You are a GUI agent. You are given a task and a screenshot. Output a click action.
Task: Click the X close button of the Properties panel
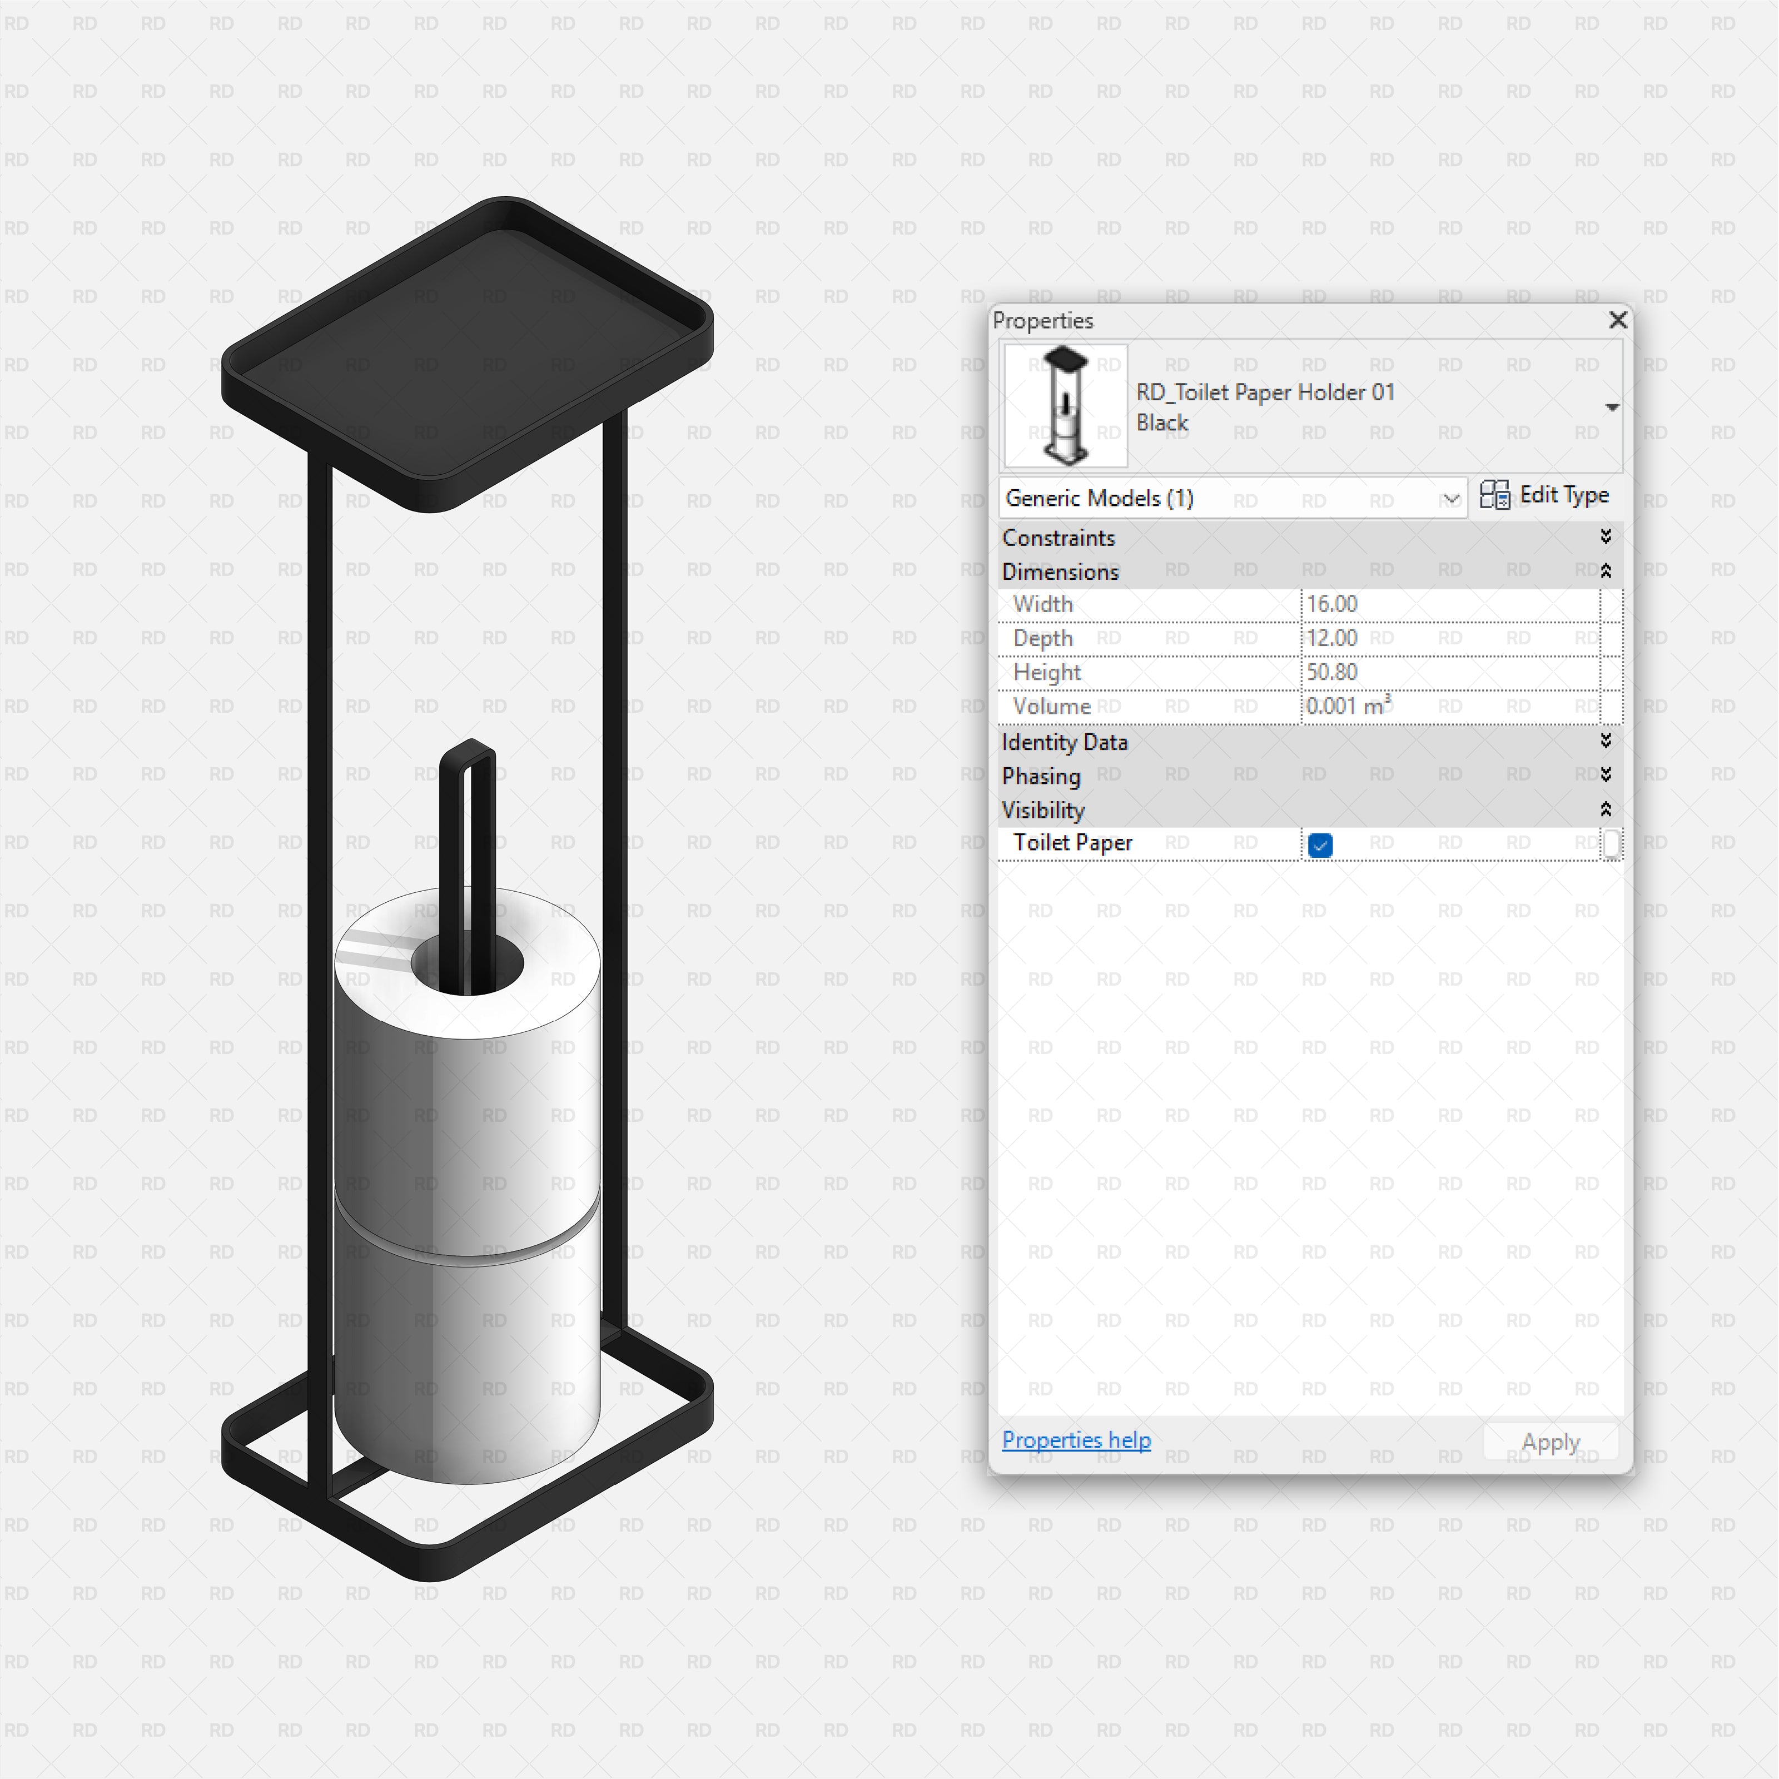(1617, 320)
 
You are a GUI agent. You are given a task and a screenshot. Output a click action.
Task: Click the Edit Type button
(1544, 495)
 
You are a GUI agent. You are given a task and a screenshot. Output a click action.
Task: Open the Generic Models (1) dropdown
(1450, 498)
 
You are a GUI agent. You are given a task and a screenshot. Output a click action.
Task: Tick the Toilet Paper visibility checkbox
(1319, 844)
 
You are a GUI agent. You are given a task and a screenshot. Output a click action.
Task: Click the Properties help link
(1076, 1439)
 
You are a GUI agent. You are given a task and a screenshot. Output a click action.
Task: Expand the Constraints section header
(1059, 538)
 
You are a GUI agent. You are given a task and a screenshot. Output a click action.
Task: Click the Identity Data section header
(1065, 742)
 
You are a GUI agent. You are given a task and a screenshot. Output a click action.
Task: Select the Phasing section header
(1041, 776)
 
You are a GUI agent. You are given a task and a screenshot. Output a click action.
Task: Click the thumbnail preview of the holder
(1065, 405)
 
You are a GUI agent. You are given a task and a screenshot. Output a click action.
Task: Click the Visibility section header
(1043, 811)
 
